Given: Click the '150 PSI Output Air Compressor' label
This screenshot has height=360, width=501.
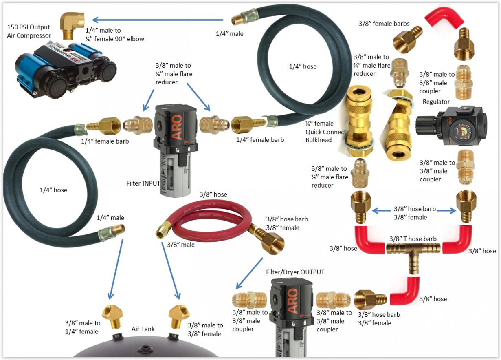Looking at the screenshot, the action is point(29,31).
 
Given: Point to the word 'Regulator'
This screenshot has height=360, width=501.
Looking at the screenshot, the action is point(436,102).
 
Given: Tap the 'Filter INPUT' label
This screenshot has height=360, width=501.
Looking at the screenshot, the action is point(143,183).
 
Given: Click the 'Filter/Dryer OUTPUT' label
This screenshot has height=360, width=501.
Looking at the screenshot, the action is point(295,272).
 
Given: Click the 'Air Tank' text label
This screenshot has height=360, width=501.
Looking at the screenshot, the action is point(143,329).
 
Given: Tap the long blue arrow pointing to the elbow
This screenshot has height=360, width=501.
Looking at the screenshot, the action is point(158,20).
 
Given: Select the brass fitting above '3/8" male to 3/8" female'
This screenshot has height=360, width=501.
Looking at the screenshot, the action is point(179,316).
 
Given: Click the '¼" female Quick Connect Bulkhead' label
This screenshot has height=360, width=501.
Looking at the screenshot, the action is point(325,132).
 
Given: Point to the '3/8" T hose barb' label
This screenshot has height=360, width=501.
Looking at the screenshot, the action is point(413,239).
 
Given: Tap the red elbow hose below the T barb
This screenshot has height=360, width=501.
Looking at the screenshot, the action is point(404,291).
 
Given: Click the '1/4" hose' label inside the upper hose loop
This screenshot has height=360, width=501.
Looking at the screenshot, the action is point(303,66).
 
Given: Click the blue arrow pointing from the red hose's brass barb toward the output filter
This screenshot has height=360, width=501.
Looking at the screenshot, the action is point(249,273).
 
